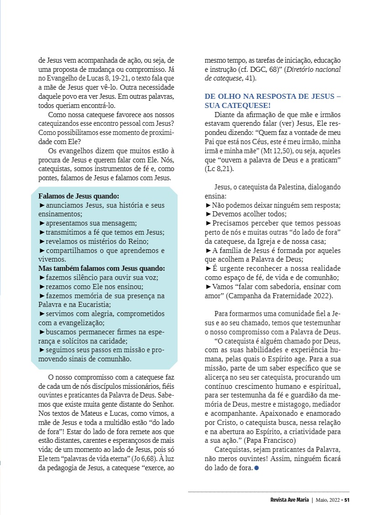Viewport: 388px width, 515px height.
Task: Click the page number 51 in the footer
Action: [347, 499]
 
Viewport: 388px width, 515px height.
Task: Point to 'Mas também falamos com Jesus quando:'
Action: [101, 268]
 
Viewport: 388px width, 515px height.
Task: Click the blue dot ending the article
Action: [257, 468]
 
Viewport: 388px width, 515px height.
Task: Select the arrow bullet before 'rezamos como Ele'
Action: [42, 287]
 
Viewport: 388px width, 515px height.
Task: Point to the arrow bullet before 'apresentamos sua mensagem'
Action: [42, 223]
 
